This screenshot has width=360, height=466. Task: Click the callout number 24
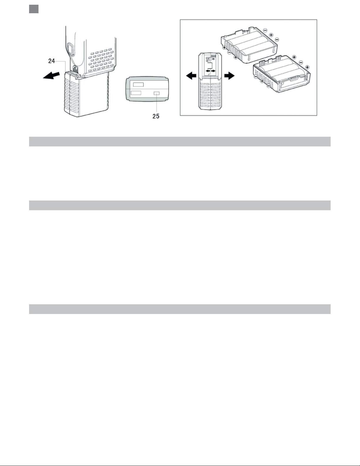pos(51,61)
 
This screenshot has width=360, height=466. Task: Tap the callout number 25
pos(156,116)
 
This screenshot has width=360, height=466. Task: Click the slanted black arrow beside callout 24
pos(51,76)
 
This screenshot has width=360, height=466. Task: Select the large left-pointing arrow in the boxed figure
pos(191,76)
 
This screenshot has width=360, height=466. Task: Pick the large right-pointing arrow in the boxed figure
pos(230,76)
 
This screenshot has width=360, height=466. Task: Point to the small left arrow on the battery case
pos(208,71)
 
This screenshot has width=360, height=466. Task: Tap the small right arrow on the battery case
pos(213,71)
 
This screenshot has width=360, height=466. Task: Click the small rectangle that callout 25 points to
pos(157,93)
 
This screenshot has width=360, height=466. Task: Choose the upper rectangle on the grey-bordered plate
pos(138,84)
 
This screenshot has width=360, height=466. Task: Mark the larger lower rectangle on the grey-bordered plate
pos(136,93)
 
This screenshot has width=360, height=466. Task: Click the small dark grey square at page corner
pos(34,9)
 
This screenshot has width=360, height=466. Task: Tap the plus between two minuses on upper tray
pos(271,35)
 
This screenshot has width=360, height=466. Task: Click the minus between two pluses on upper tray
pos(229,52)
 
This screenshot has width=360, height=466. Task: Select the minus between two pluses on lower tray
pos(301,62)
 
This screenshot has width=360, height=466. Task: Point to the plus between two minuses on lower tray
pos(262,81)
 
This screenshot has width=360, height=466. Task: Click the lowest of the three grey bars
pos(180,309)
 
